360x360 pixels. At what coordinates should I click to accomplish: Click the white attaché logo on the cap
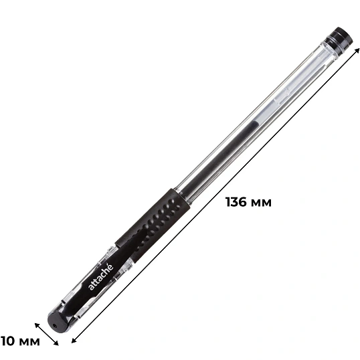tap(101, 277)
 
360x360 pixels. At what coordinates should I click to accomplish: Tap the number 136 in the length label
tap(236, 202)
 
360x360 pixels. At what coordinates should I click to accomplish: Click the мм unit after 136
tap(261, 203)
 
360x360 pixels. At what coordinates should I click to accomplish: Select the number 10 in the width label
tap(8, 341)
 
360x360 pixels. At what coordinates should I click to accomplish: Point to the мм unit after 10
tap(29, 342)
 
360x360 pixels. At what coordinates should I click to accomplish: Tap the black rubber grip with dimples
tap(153, 225)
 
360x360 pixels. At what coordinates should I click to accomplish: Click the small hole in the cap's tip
tap(55, 326)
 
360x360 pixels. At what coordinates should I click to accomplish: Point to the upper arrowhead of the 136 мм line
tap(357, 50)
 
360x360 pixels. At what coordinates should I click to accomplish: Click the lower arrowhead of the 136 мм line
tap(74, 341)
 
